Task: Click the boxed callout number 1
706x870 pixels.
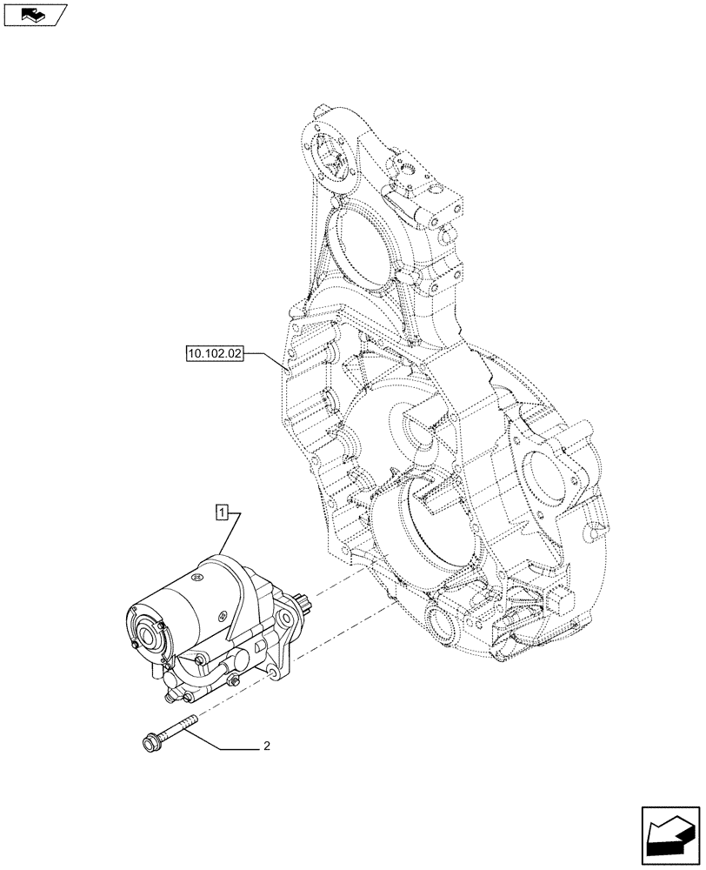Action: [223, 512]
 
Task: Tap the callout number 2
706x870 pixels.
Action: [267, 746]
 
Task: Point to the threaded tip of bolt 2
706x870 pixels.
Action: [190, 718]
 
